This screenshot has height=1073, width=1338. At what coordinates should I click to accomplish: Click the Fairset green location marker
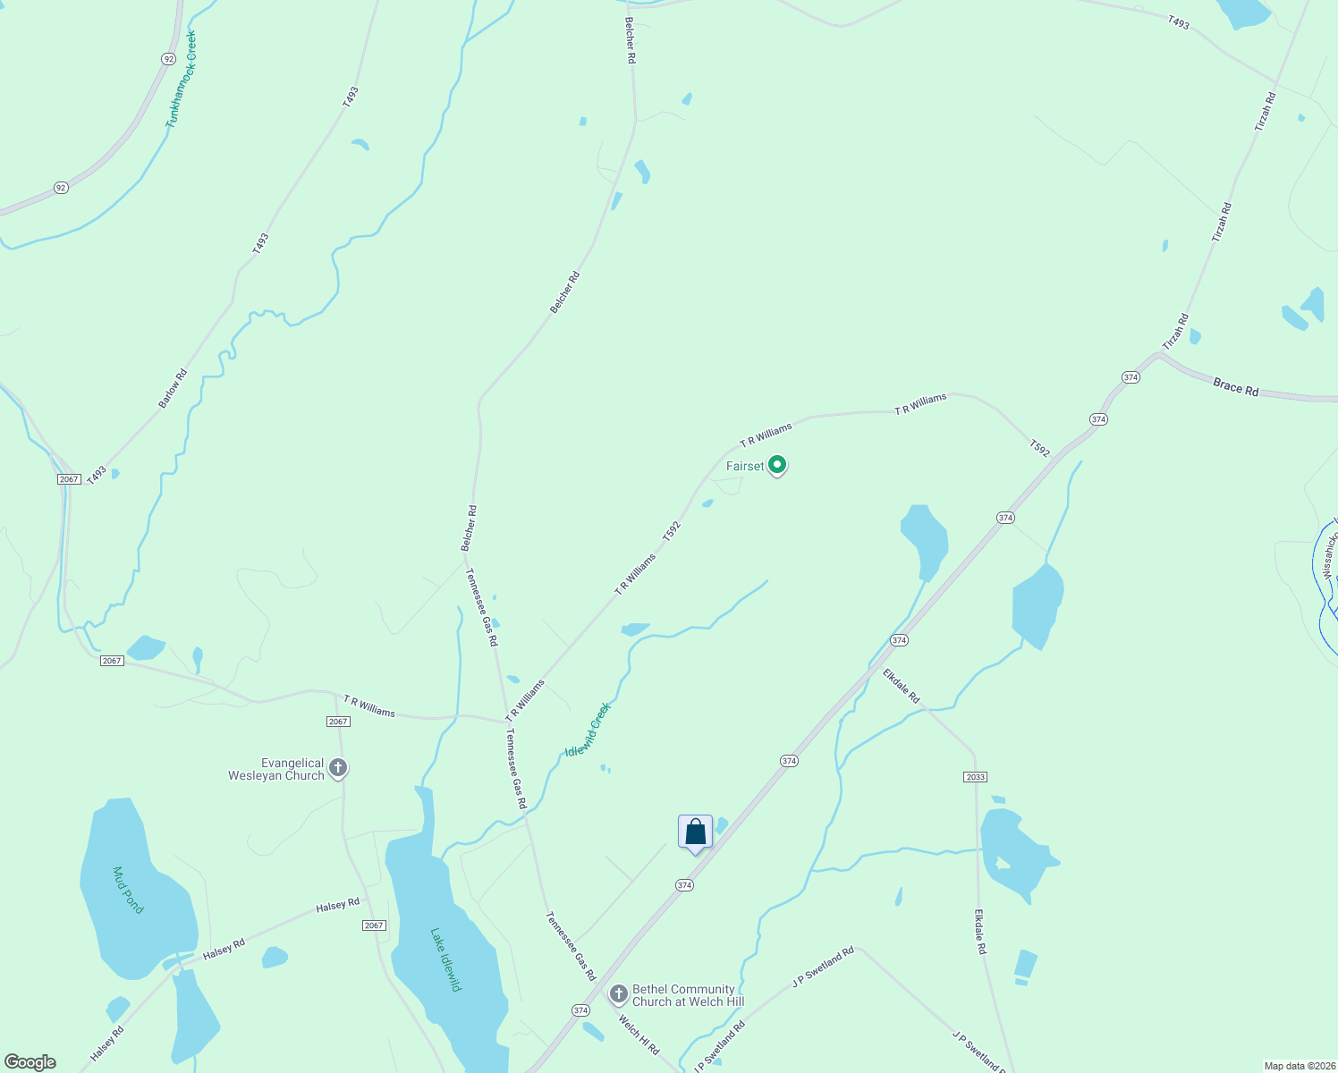pyautogui.click(x=777, y=465)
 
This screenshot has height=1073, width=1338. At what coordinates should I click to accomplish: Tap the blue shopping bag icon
pyautogui.click(x=695, y=833)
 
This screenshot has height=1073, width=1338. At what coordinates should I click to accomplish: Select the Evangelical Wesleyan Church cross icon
pyautogui.click(x=338, y=768)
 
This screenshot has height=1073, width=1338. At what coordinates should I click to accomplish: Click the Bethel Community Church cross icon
pyautogui.click(x=618, y=994)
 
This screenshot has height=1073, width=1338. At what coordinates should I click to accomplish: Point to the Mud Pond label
pyautogui.click(x=128, y=890)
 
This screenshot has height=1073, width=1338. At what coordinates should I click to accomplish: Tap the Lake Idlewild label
pyautogui.click(x=445, y=959)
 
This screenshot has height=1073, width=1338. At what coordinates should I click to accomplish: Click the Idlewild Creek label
pyautogui.click(x=588, y=730)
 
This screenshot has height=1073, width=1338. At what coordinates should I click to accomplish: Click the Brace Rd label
pyautogui.click(x=1235, y=387)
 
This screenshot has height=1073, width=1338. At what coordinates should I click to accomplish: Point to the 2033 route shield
pyautogui.click(x=975, y=776)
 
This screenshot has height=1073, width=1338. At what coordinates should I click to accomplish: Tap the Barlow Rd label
pyautogui.click(x=173, y=389)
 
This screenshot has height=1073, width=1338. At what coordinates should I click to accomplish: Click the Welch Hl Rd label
pyautogui.click(x=639, y=1034)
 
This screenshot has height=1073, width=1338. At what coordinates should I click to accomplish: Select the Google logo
pyautogui.click(x=30, y=1062)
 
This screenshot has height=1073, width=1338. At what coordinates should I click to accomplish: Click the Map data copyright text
pyautogui.click(x=1300, y=1066)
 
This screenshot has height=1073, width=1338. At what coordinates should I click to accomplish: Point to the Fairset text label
pyautogui.click(x=745, y=466)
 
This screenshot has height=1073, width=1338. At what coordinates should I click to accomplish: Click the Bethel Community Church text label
pyautogui.click(x=687, y=995)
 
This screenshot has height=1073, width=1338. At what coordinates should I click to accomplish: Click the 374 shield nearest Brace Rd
pyautogui.click(x=1131, y=377)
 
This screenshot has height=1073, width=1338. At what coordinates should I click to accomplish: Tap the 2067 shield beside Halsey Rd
pyautogui.click(x=374, y=925)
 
